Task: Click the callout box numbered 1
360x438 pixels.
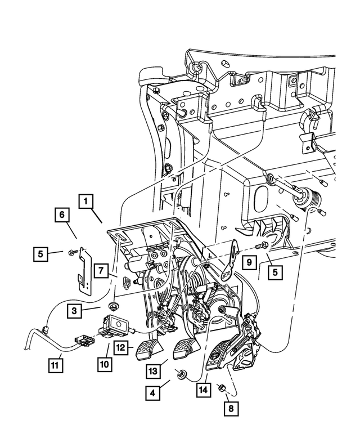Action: point(85,201)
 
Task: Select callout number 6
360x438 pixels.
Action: point(62,215)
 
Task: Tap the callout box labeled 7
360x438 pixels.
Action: point(101,270)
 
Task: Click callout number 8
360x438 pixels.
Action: point(229,408)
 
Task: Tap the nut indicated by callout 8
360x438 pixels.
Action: point(222,387)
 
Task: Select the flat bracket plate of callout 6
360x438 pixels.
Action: point(84,270)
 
